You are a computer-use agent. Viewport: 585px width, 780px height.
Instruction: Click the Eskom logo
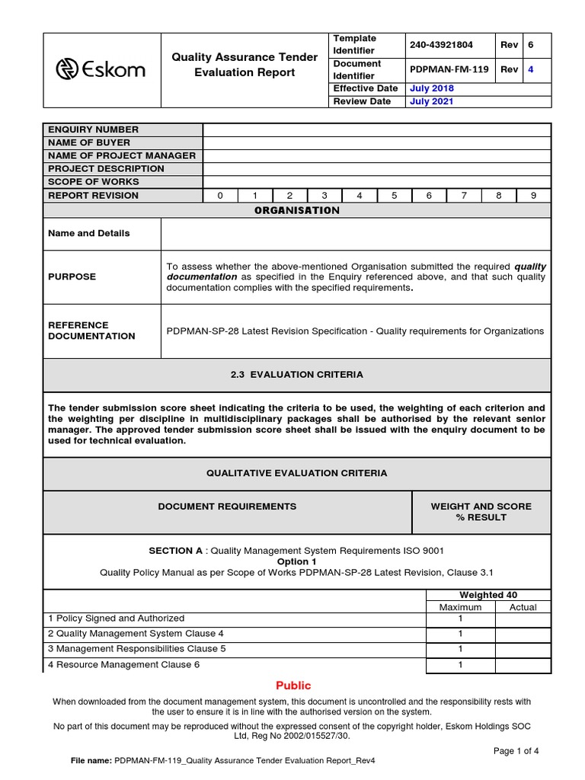(x=101, y=70)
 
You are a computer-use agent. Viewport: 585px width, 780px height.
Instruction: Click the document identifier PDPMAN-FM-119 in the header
(x=449, y=69)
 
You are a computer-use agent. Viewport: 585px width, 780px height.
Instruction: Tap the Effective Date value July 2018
(x=432, y=88)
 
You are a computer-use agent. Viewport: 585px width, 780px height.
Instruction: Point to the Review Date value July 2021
(x=432, y=101)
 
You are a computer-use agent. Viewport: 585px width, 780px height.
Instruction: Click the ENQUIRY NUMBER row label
(x=94, y=129)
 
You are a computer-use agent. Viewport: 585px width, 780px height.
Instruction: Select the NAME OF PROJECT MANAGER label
(x=122, y=155)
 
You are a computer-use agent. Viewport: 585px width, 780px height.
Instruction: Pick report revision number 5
(x=394, y=195)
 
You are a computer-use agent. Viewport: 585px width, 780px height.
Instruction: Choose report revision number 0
(x=220, y=195)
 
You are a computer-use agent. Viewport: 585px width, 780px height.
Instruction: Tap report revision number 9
(x=533, y=195)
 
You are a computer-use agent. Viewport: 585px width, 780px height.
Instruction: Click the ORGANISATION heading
(x=297, y=210)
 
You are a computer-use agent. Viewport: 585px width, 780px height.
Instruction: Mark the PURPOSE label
(x=72, y=277)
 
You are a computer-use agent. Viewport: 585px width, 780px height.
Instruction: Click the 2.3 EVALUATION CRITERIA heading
(x=297, y=375)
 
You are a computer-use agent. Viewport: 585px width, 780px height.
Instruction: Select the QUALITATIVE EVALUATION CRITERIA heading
(x=297, y=473)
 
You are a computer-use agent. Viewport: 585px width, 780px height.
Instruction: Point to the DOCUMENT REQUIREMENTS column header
(x=227, y=506)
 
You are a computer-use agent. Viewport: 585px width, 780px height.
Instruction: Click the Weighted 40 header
(x=488, y=595)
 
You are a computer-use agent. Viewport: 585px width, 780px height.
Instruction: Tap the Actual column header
(x=523, y=607)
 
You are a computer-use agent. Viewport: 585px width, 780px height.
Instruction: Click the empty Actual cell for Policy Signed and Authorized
(x=523, y=619)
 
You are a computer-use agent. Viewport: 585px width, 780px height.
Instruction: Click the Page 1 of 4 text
(x=516, y=750)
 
